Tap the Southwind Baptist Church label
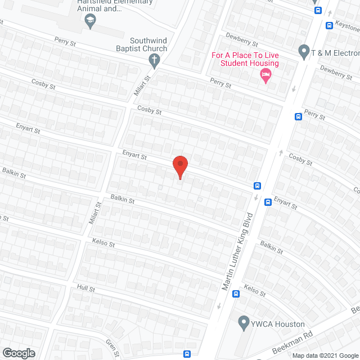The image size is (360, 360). pos(148,44)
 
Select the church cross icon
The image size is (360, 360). pos(153,59)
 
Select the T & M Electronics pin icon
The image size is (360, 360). pos(304,52)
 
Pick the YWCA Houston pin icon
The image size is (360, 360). pos(244,323)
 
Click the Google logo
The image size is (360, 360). pos(18,353)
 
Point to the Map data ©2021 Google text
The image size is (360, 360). pos(325,355)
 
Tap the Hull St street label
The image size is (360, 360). pos(87,288)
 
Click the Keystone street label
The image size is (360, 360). pos(346,25)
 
